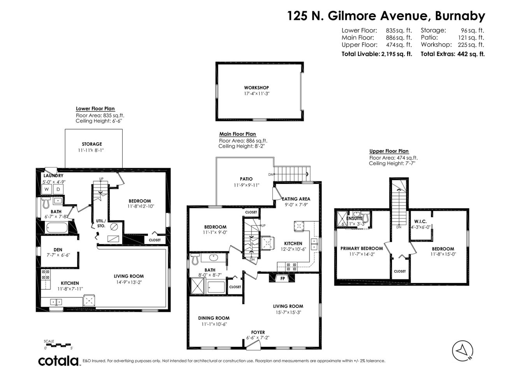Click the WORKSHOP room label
tap(256, 88)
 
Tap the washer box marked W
tap(47, 189)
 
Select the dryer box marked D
tap(58, 189)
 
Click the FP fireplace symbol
tap(282, 278)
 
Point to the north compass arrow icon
tap(463, 349)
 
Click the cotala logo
tap(58, 361)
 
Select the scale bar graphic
tap(58, 344)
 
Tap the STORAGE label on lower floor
tap(92, 144)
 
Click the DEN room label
tap(58, 250)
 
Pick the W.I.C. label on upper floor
tap(418, 222)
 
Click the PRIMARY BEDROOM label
tap(362, 248)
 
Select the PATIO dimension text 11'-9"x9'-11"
tap(246, 185)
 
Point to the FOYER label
tap(258, 332)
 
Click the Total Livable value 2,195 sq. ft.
tap(396, 54)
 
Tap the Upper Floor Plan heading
tap(389, 151)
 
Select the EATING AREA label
tap(296, 199)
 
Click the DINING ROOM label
tap(214, 318)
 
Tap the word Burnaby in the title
tap(460, 16)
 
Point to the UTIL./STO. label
tap(101, 223)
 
